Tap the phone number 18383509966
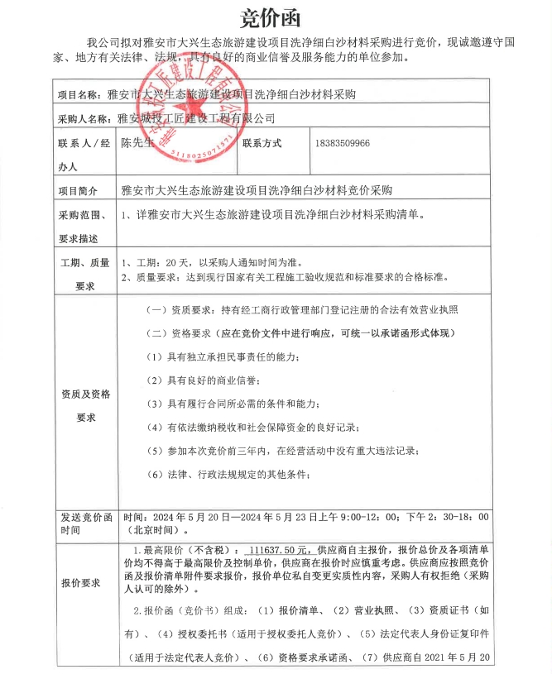pos(343,142)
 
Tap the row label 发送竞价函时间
pos(84,523)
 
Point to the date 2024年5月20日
pos(182,515)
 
